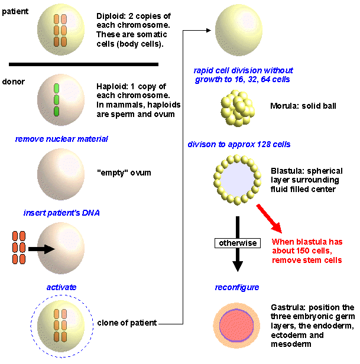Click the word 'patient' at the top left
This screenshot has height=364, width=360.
(15, 11)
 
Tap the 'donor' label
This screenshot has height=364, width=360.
(13, 82)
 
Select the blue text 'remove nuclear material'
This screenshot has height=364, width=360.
(61, 139)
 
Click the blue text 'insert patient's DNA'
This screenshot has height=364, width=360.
(61, 213)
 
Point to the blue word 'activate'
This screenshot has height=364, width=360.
(61, 287)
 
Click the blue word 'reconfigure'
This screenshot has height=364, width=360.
(237, 287)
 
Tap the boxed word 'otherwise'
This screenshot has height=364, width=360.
(238, 243)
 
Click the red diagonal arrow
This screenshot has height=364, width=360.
(269, 219)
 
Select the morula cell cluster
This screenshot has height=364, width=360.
(238, 108)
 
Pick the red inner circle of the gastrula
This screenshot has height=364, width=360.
(236, 325)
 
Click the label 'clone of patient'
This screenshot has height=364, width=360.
(127, 323)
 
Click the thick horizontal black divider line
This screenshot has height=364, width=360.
(83, 64)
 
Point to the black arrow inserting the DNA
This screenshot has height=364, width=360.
(41, 249)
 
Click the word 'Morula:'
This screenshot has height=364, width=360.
(285, 106)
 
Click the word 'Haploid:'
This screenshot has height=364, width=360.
(112, 87)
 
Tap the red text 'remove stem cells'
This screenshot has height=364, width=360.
(307, 260)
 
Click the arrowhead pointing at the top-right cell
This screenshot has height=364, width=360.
(209, 30)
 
